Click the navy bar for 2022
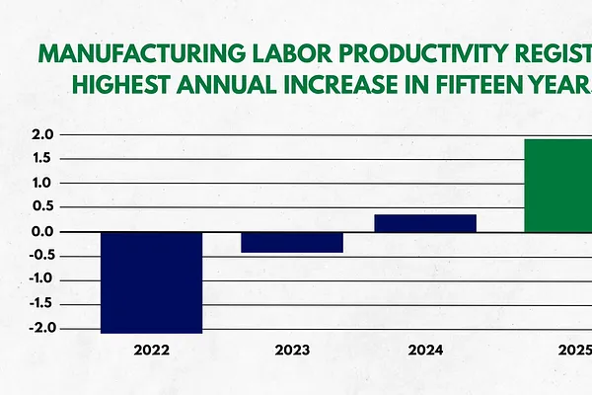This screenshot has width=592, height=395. [x=153, y=282]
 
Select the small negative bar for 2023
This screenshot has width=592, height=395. [x=292, y=242]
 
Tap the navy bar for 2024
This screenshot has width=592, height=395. [x=425, y=223]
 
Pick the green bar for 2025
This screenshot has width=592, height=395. [x=556, y=186]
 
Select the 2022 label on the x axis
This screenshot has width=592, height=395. [x=153, y=351]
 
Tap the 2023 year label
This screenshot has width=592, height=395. [x=292, y=351]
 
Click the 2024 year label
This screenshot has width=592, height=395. [x=425, y=351]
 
